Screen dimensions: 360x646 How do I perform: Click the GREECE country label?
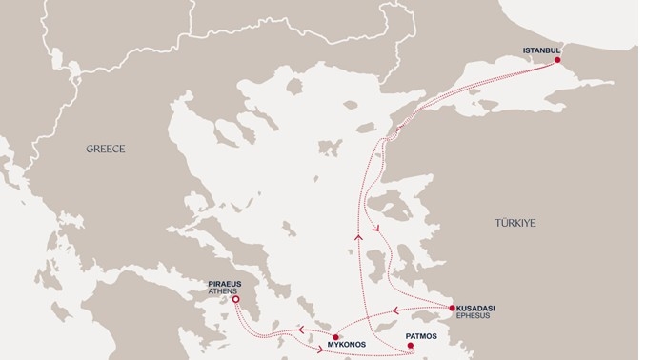[106, 149]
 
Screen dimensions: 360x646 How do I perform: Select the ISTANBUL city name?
[544, 50]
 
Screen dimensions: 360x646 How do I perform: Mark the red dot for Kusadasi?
[452, 308]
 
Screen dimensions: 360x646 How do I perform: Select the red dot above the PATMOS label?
[411, 346]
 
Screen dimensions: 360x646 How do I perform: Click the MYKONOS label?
[347, 340]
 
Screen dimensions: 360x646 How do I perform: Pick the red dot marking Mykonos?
[334, 336]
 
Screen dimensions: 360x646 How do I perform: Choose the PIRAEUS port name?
[227, 283]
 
